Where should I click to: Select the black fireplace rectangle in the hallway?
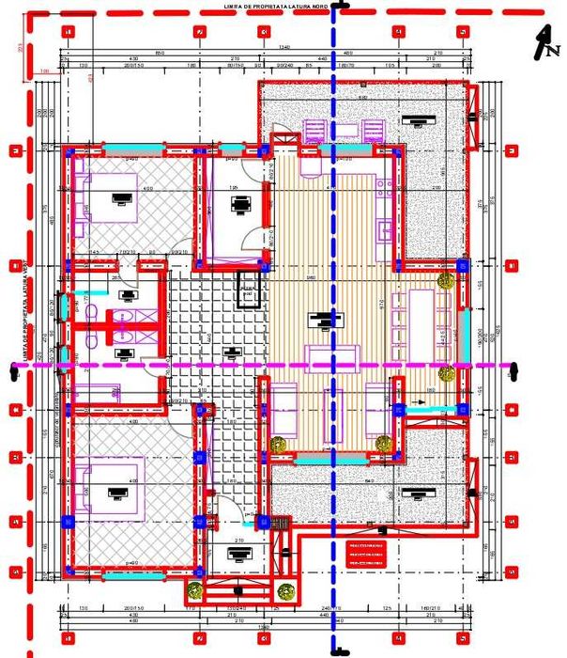point(247,290)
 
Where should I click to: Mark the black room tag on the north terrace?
point(411,119)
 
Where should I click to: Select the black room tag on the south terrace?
point(411,493)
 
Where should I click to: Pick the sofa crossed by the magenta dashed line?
point(333,356)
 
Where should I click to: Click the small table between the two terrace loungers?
point(345,133)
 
